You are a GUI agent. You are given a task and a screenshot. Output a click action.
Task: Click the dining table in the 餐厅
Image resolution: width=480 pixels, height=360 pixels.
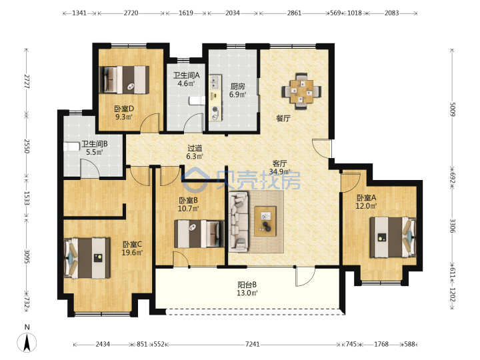tap(301, 91)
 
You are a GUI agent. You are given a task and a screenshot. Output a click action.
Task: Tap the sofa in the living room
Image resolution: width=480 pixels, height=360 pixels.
tap(239, 221)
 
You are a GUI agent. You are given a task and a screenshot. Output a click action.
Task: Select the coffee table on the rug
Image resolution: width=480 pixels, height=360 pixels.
tap(265, 221)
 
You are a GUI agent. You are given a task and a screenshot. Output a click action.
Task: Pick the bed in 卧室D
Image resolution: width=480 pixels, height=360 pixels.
tap(124, 79)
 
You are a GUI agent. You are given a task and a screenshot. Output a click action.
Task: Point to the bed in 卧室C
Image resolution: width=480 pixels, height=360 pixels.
tap(87, 259)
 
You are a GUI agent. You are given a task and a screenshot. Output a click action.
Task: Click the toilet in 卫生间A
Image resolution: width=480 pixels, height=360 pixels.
tap(197, 101)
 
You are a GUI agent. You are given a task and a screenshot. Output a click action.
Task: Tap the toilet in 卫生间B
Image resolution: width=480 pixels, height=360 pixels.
tap(72, 147)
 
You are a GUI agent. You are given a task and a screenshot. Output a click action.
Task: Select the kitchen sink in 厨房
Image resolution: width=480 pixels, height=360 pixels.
tap(215, 82)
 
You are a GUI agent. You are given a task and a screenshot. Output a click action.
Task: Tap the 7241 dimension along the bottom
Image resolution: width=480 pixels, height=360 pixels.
tap(252, 345)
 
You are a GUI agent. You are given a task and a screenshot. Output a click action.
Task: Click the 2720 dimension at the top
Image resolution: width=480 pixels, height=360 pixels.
tap(131, 13)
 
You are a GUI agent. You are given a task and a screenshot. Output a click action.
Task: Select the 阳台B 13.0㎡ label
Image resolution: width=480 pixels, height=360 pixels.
tap(247, 289)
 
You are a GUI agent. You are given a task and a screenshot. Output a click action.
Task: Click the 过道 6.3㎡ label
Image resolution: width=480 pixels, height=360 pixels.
tap(195, 152)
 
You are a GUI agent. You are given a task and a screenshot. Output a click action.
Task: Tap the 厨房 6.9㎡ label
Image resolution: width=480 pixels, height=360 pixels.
tap(237, 90)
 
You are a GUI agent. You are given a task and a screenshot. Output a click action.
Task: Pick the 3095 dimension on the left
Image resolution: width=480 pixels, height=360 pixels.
tap(27, 257)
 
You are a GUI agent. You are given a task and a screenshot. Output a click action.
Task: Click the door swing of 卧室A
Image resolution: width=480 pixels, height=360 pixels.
tap(351, 183)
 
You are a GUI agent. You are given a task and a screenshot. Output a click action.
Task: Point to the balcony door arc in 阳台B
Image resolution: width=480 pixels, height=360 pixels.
tap(305, 277)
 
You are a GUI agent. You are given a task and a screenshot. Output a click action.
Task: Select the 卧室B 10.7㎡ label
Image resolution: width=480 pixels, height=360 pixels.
tap(188, 205)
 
